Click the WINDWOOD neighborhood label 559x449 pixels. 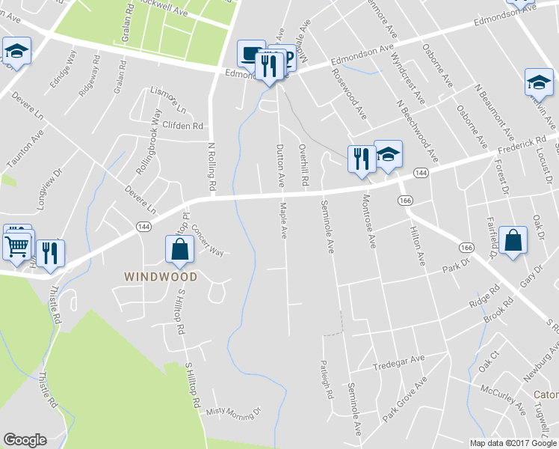(161, 277)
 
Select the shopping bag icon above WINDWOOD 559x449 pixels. (179, 249)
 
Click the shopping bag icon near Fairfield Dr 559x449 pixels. (513, 240)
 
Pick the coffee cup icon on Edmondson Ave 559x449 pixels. (250, 53)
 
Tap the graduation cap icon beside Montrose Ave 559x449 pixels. (388, 154)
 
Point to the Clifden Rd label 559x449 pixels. (183, 126)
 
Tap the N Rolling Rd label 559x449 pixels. (211, 165)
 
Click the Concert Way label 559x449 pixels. (207, 240)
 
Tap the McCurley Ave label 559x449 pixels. (503, 400)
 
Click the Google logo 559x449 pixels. (25, 440)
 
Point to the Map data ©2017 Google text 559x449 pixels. (513, 443)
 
